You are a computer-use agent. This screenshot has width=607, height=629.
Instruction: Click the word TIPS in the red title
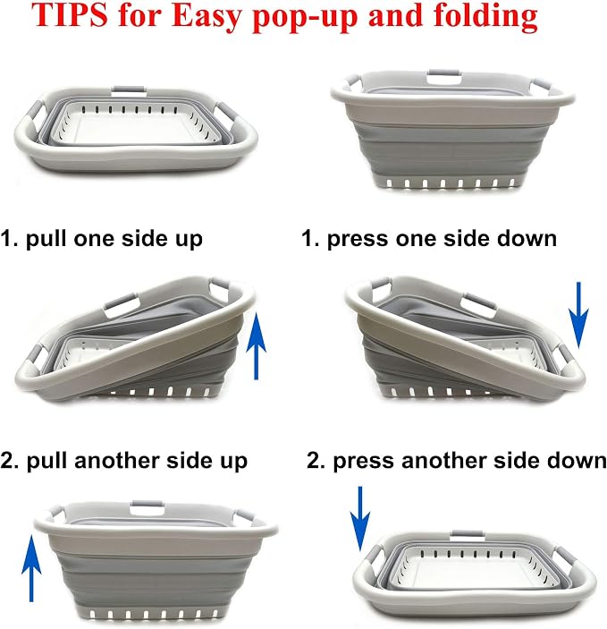tap(70, 15)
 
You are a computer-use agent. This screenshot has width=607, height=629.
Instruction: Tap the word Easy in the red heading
tap(207, 18)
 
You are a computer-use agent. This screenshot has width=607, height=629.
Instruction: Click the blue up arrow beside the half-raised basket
tap(257, 346)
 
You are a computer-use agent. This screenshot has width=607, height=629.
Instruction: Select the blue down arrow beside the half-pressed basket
tap(578, 315)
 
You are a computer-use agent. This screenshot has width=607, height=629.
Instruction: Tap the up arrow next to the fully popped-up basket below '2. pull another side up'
tap(31, 567)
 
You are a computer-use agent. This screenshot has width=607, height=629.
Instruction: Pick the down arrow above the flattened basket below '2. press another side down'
tap(360, 518)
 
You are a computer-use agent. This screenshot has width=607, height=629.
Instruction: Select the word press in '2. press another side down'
tap(364, 462)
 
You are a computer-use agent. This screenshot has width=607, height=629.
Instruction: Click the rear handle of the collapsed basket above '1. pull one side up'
tap(129, 90)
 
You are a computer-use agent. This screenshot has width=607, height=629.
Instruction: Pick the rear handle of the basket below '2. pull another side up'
tap(148, 506)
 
